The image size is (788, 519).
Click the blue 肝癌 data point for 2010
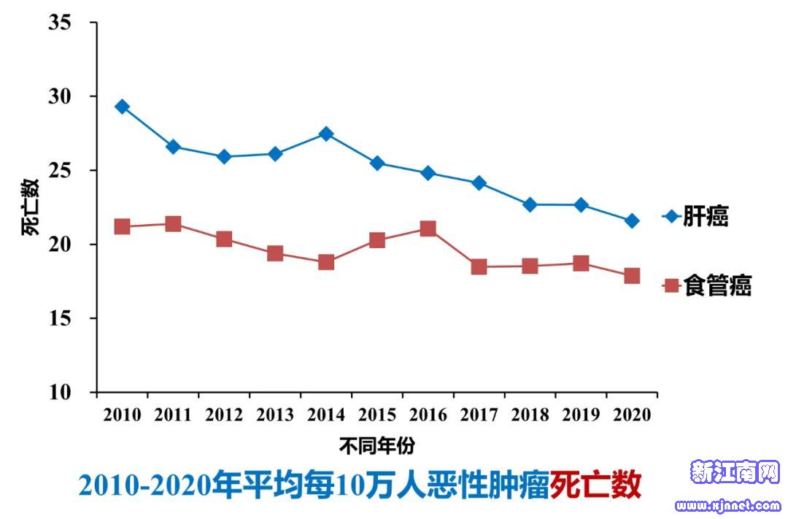click(122, 107)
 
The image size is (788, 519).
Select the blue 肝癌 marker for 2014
click(326, 134)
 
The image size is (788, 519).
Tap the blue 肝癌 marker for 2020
click(632, 220)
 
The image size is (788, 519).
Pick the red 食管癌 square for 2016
click(428, 229)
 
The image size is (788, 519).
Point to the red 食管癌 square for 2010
click(122, 226)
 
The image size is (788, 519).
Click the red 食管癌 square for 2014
click(326, 262)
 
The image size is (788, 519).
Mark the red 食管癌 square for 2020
click(632, 276)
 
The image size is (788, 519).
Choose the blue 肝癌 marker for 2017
click(479, 182)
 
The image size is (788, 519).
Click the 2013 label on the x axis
click(275, 415)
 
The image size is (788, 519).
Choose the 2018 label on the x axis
click(530, 415)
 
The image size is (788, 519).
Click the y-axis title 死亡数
click(30, 207)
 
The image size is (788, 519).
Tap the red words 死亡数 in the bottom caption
click(596, 485)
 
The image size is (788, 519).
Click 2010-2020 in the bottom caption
click(144, 485)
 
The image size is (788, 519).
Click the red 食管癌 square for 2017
click(479, 267)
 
